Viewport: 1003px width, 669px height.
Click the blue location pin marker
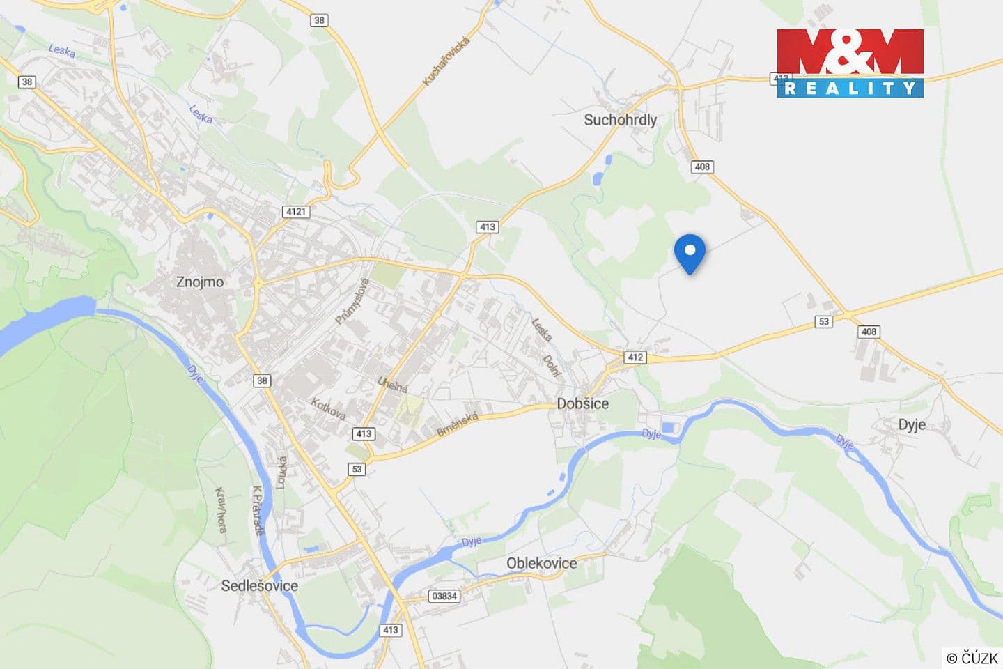[x=690, y=253]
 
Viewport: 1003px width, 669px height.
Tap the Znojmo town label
[x=200, y=282]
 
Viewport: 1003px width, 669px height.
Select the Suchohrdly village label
[x=620, y=120]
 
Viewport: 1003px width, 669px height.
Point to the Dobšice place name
[x=582, y=403]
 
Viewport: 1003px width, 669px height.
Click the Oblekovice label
[x=541, y=563]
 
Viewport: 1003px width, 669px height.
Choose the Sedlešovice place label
[x=259, y=585]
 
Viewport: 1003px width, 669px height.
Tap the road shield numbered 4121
[x=295, y=211]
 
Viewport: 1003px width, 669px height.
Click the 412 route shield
[x=635, y=357]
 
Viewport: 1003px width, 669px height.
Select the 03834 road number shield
[x=444, y=596]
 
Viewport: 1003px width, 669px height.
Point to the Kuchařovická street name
[x=446, y=61]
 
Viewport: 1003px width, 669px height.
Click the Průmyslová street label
[x=352, y=301]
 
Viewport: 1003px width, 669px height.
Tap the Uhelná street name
[x=392, y=384]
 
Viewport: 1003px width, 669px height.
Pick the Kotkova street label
[x=328, y=408]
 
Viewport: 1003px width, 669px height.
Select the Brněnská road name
[x=458, y=424]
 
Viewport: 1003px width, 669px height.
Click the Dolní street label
[x=552, y=364]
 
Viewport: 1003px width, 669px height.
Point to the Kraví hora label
[x=221, y=509]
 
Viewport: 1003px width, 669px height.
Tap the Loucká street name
[x=281, y=472]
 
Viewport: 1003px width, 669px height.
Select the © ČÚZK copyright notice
[x=972, y=657]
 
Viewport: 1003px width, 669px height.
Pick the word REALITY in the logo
[x=850, y=88]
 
